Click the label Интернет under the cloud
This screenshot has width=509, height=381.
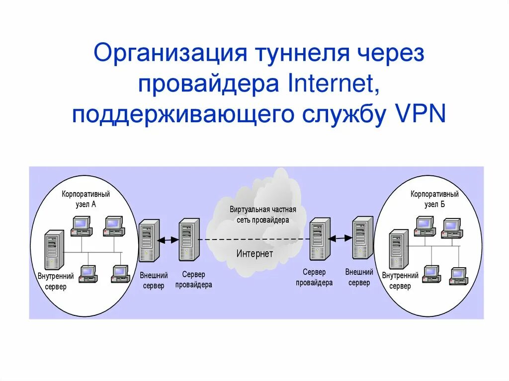pos(254,253)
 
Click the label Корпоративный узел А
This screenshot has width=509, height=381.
pos(86,199)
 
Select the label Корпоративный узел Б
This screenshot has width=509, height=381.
pos(434,199)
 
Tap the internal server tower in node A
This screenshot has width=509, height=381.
pos(54,249)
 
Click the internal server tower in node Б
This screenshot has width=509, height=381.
pos(399,249)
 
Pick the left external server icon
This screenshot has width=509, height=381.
pos(149,240)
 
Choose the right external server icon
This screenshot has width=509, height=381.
pos(362,237)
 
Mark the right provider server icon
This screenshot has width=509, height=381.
pos(320,239)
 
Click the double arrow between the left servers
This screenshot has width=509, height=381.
pos(168,239)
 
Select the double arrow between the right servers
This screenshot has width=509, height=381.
pos(340,238)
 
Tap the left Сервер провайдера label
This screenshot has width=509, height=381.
pos(193,279)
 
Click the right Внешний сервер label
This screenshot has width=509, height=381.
pos(359,277)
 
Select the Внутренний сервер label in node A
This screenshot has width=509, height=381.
pos(55,281)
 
